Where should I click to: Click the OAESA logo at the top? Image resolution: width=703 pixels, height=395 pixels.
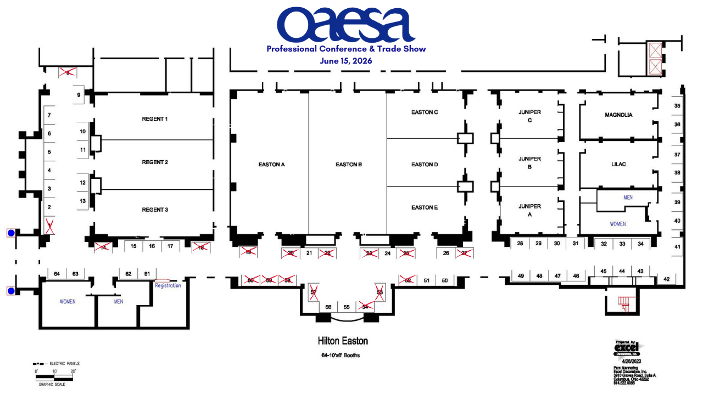click(346, 25)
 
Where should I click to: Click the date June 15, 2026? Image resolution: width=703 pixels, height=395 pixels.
click(346, 61)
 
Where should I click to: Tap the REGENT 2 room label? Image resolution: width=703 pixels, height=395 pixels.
click(155, 162)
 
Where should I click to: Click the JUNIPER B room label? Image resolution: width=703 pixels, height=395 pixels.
click(529, 163)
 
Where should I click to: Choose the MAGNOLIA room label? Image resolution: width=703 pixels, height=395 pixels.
click(618, 115)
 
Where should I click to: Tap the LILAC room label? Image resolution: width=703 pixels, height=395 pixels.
click(619, 164)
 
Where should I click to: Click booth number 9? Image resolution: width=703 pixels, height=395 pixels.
click(79, 95)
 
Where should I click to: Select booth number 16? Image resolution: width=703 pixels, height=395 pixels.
click(152, 246)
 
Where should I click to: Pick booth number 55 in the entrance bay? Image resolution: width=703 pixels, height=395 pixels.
click(347, 307)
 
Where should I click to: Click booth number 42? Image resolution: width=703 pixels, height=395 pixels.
click(667, 279)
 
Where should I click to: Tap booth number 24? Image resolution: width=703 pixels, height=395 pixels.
click(387, 253)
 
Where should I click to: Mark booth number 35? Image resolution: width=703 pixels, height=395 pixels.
click(677, 106)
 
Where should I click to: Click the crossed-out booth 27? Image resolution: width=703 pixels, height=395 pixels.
click(465, 253)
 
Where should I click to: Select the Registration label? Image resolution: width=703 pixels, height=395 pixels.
click(168, 285)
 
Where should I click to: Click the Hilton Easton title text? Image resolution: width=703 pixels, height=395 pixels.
click(343, 341)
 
